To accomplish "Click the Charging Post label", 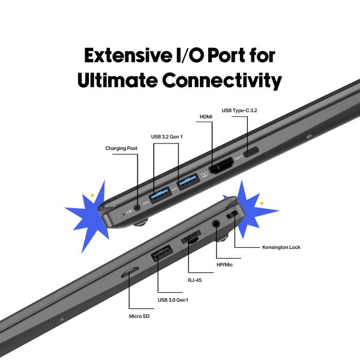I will [x=122, y=148].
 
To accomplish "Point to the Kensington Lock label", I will [x=281, y=247].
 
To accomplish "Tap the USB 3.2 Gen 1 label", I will [x=168, y=137].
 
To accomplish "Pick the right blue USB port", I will [x=187, y=179].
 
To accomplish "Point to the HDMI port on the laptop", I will [x=220, y=164].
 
